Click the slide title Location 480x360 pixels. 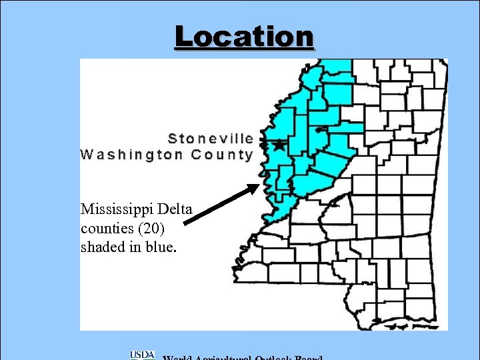tap(243, 37)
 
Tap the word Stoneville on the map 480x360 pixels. tap(211, 139)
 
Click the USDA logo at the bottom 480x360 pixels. tap(142, 355)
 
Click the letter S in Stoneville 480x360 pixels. tap(173, 139)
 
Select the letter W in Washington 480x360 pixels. tap(87, 155)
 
